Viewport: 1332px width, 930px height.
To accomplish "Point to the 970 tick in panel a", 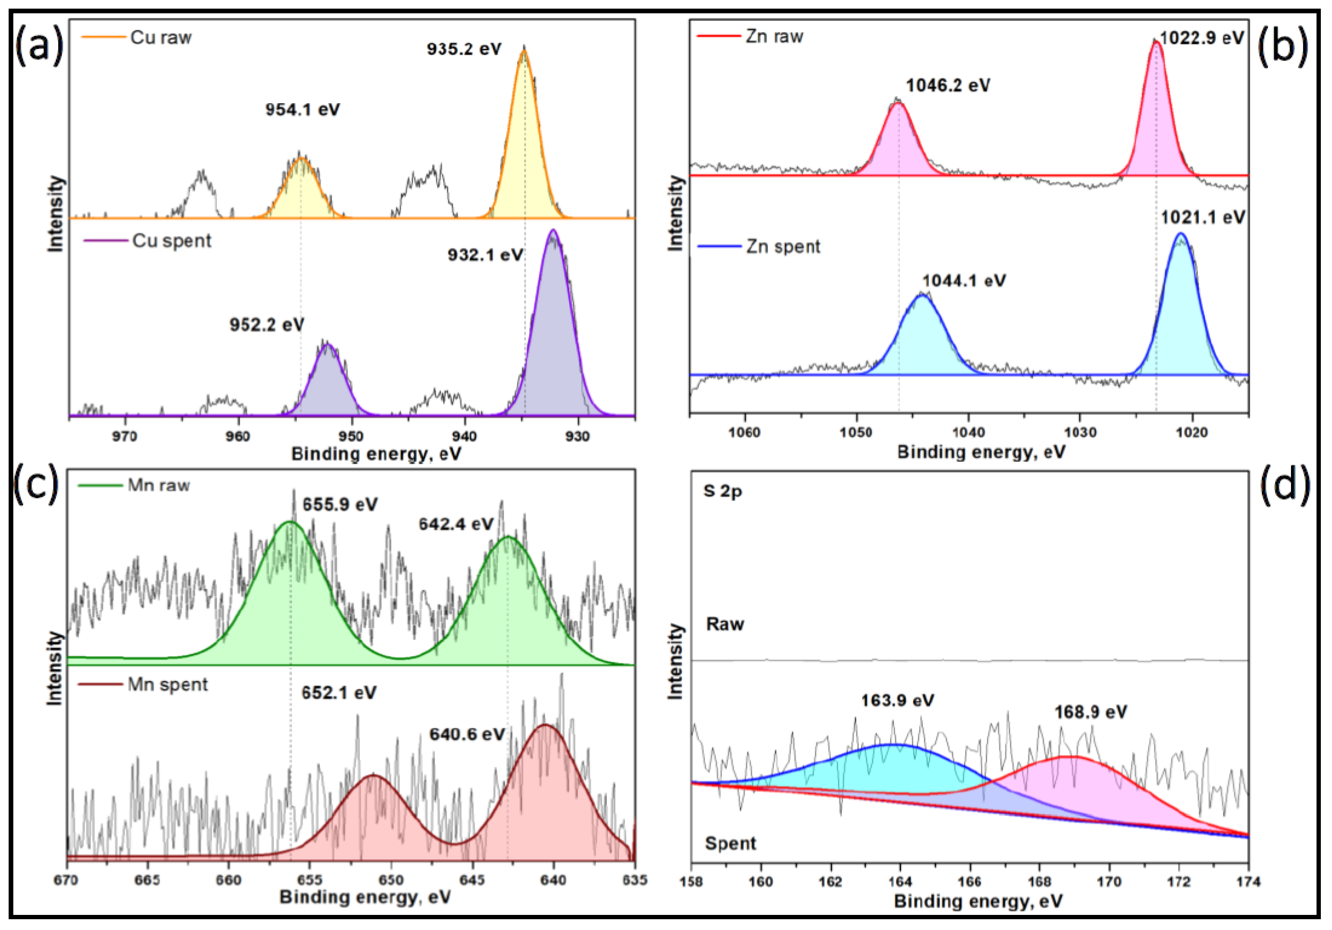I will click(x=124, y=436).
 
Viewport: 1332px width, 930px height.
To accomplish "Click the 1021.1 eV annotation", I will click(x=1202, y=218).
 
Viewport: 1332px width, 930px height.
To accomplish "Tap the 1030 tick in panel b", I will click(x=1080, y=433).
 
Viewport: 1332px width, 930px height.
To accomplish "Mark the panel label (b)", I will click(x=1282, y=45).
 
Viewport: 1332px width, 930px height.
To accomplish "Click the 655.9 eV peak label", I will click(x=340, y=505).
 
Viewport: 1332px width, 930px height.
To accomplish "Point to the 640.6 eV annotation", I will click(x=466, y=735).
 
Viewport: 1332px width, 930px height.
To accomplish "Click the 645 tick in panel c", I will click(x=472, y=880).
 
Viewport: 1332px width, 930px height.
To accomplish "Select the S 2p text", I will click(x=722, y=492).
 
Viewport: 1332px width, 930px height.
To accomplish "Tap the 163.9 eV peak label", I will click(x=897, y=701).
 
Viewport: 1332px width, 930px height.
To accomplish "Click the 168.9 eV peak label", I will click(x=1090, y=712).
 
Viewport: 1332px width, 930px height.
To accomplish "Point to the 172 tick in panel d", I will click(x=1179, y=882).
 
